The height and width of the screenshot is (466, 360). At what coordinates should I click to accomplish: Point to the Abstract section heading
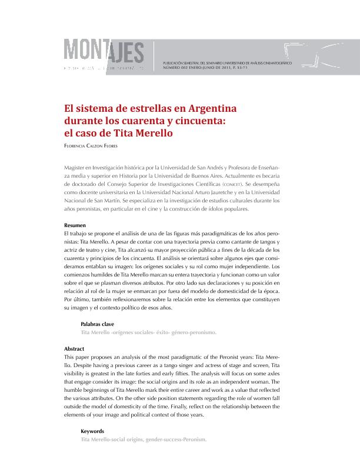pyautogui.click(x=74, y=348)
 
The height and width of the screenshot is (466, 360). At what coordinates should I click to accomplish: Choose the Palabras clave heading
pyautogui.click(x=97, y=324)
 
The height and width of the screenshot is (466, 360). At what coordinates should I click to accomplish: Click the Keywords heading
pyautogui.click(x=92, y=431)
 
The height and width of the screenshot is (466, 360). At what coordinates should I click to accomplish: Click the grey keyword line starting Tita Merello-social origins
pyautogui.click(x=144, y=439)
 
